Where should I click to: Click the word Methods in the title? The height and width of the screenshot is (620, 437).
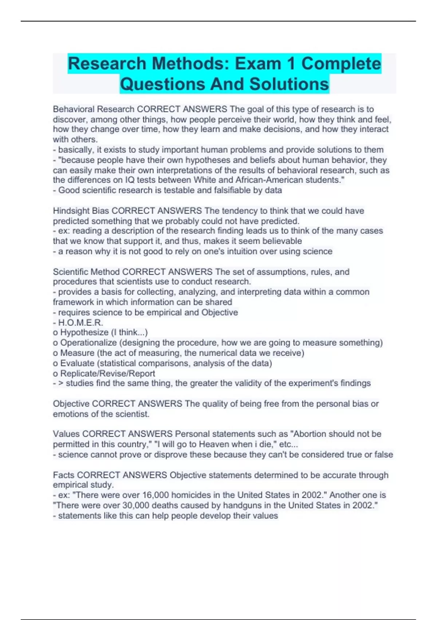(x=189, y=64)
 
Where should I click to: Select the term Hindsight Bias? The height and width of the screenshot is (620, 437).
(x=81, y=211)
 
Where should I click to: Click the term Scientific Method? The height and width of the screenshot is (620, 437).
(x=86, y=272)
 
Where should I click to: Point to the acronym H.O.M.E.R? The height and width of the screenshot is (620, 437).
(x=80, y=322)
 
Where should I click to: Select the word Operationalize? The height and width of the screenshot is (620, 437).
(x=88, y=342)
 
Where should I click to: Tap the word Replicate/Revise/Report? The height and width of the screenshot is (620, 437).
(x=107, y=373)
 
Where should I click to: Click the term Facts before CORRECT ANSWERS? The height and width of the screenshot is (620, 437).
(x=64, y=475)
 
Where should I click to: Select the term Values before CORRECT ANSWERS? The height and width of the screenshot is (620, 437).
(x=66, y=434)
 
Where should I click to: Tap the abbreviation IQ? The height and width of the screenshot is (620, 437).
(x=130, y=180)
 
